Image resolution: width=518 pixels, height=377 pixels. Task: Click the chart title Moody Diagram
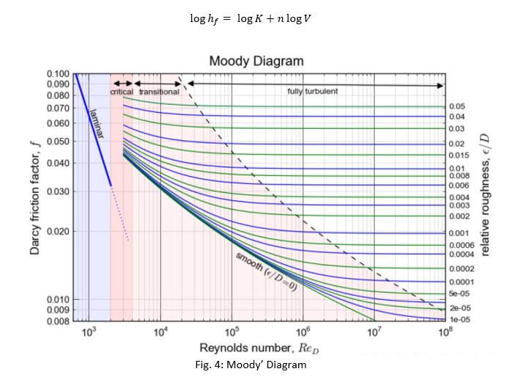[256, 61]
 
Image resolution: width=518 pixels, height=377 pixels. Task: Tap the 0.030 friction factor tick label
[58, 192]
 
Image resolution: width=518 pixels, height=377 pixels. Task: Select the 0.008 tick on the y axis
[58, 321]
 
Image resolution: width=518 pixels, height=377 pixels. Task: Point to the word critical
[122, 92]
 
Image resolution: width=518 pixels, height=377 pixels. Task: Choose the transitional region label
[159, 92]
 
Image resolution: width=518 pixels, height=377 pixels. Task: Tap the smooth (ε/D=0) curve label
[266, 273]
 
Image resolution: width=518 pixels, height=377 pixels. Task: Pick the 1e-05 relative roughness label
[459, 320]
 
